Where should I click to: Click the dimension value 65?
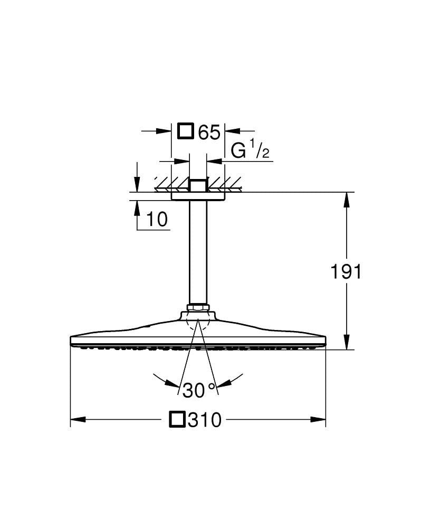(x=209, y=133)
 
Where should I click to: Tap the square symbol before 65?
(x=186, y=131)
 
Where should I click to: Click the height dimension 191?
(x=346, y=272)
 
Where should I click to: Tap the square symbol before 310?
(x=177, y=420)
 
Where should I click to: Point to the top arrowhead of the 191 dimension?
(x=347, y=200)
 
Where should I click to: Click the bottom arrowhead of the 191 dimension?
(x=347, y=342)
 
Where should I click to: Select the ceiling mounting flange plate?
(x=198, y=196)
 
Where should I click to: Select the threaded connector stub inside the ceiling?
(x=198, y=185)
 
